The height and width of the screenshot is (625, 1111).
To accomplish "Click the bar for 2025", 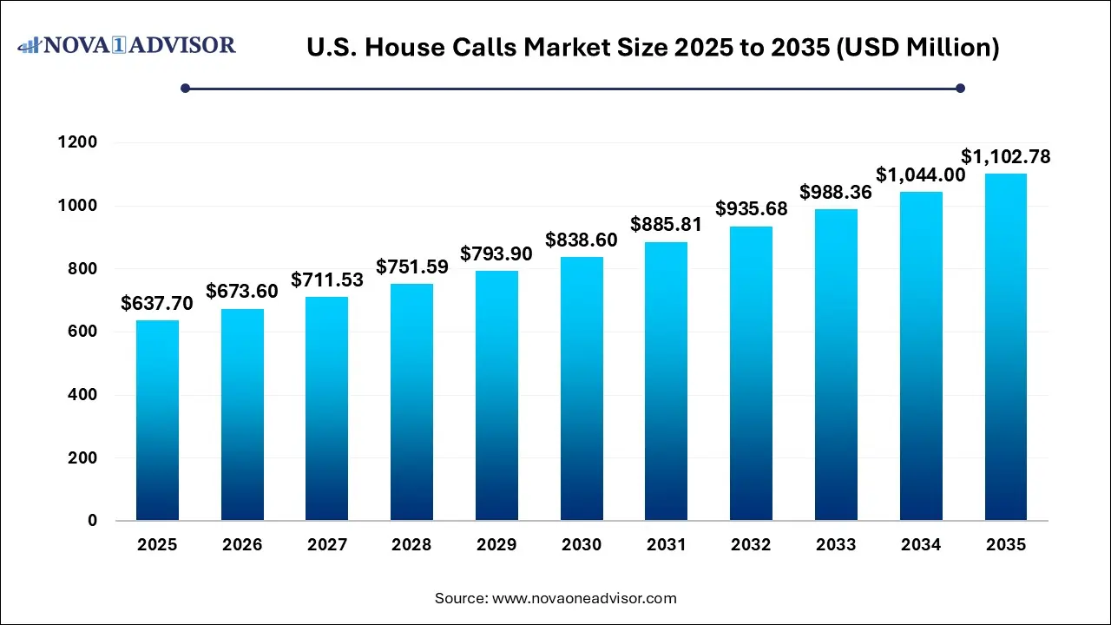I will pos(157,420).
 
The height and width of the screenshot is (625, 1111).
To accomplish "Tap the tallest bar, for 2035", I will pos(1006,347).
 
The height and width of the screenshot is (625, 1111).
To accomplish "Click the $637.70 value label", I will pos(157,303).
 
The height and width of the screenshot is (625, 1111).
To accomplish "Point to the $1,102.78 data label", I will pos(1006,157).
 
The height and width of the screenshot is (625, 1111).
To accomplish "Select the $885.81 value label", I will pos(667,225).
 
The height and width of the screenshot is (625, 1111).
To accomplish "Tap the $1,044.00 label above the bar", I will pos(920,174).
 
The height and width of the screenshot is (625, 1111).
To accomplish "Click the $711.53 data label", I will pos(327,280).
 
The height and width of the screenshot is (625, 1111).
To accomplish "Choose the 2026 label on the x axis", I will pos(242,545).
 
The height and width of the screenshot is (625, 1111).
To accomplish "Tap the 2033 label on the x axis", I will pos(836,545).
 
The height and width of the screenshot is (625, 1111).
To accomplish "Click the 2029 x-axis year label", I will pos(496,545).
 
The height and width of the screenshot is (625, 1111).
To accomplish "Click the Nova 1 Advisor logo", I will pos(127,44).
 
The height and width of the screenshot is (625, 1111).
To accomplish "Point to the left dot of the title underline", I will pos(185,88).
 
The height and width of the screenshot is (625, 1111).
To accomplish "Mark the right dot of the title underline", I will pos(960,88).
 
